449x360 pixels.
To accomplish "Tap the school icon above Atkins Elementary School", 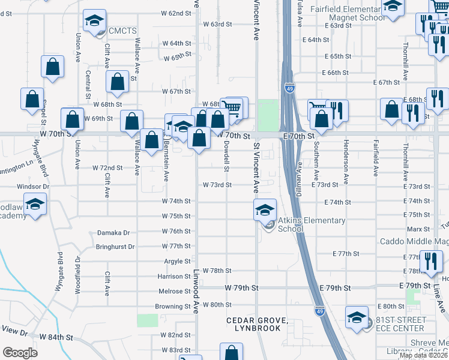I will pyautogui.click(x=265, y=210).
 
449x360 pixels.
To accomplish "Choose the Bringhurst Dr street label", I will pyautogui.click(x=115, y=247).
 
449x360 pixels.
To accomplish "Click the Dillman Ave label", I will pyautogui.click(x=298, y=177).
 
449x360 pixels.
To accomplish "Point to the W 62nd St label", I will pyautogui.click(x=175, y=13).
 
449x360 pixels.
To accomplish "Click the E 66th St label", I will pyautogui.click(x=336, y=72).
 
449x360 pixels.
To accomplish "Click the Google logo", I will pyautogui.click(x=20, y=353).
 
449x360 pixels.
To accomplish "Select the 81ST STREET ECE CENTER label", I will pyautogui.click(x=400, y=324).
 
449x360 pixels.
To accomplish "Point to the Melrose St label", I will pyautogui.click(x=175, y=291).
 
